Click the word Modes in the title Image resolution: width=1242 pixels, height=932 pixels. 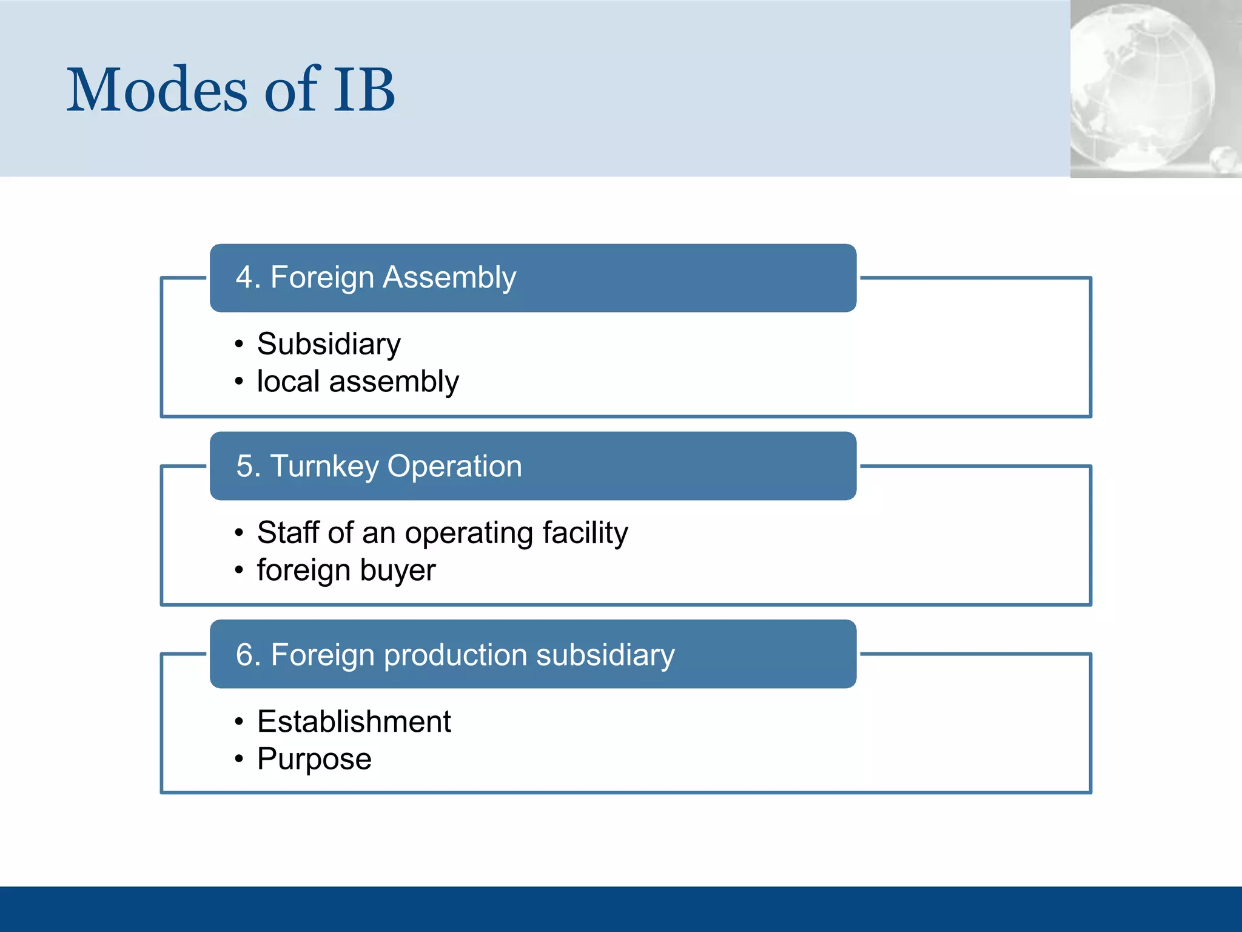156,91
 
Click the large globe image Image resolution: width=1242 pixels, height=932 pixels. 1140,85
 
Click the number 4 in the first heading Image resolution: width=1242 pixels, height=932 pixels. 244,278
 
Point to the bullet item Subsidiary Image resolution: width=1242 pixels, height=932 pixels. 329,345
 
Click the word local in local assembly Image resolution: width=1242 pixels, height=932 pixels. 288,382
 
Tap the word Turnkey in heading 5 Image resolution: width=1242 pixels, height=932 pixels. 324,467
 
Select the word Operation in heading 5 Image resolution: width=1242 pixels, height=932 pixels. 454,467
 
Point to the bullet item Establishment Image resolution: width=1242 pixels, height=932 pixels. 354,722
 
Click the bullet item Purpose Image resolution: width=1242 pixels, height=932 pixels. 314,760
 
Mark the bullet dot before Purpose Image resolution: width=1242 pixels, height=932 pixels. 239,759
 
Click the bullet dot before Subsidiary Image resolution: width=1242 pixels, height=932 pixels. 239,345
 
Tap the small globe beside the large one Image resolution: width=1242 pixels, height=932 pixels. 1224,159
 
